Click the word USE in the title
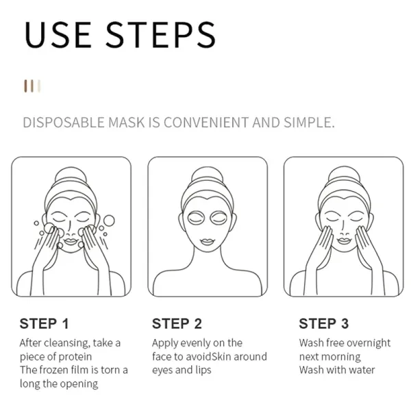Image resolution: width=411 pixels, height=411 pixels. (58, 35)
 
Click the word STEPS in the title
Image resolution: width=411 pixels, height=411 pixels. (160, 35)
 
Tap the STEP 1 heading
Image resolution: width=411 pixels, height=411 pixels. (44, 323)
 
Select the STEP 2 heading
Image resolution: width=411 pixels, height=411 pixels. (177, 323)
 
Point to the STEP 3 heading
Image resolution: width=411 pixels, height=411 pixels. (324, 323)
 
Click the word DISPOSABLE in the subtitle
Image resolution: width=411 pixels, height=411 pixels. (64, 123)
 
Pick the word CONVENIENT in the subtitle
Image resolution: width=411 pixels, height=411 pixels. (206, 123)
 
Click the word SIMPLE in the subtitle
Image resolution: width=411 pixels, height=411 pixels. (309, 123)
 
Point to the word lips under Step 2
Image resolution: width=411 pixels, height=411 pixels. (203, 370)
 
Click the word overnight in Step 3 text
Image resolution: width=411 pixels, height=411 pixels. (371, 343)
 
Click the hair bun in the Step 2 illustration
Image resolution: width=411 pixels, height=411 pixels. (208, 175)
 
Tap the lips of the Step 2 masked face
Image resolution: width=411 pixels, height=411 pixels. (208, 242)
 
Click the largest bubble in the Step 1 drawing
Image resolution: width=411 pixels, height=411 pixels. (109, 221)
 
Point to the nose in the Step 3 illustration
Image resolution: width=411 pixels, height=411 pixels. (344, 229)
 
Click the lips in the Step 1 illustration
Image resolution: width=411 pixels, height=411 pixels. (71, 241)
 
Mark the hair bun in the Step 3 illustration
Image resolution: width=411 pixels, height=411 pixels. (345, 175)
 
